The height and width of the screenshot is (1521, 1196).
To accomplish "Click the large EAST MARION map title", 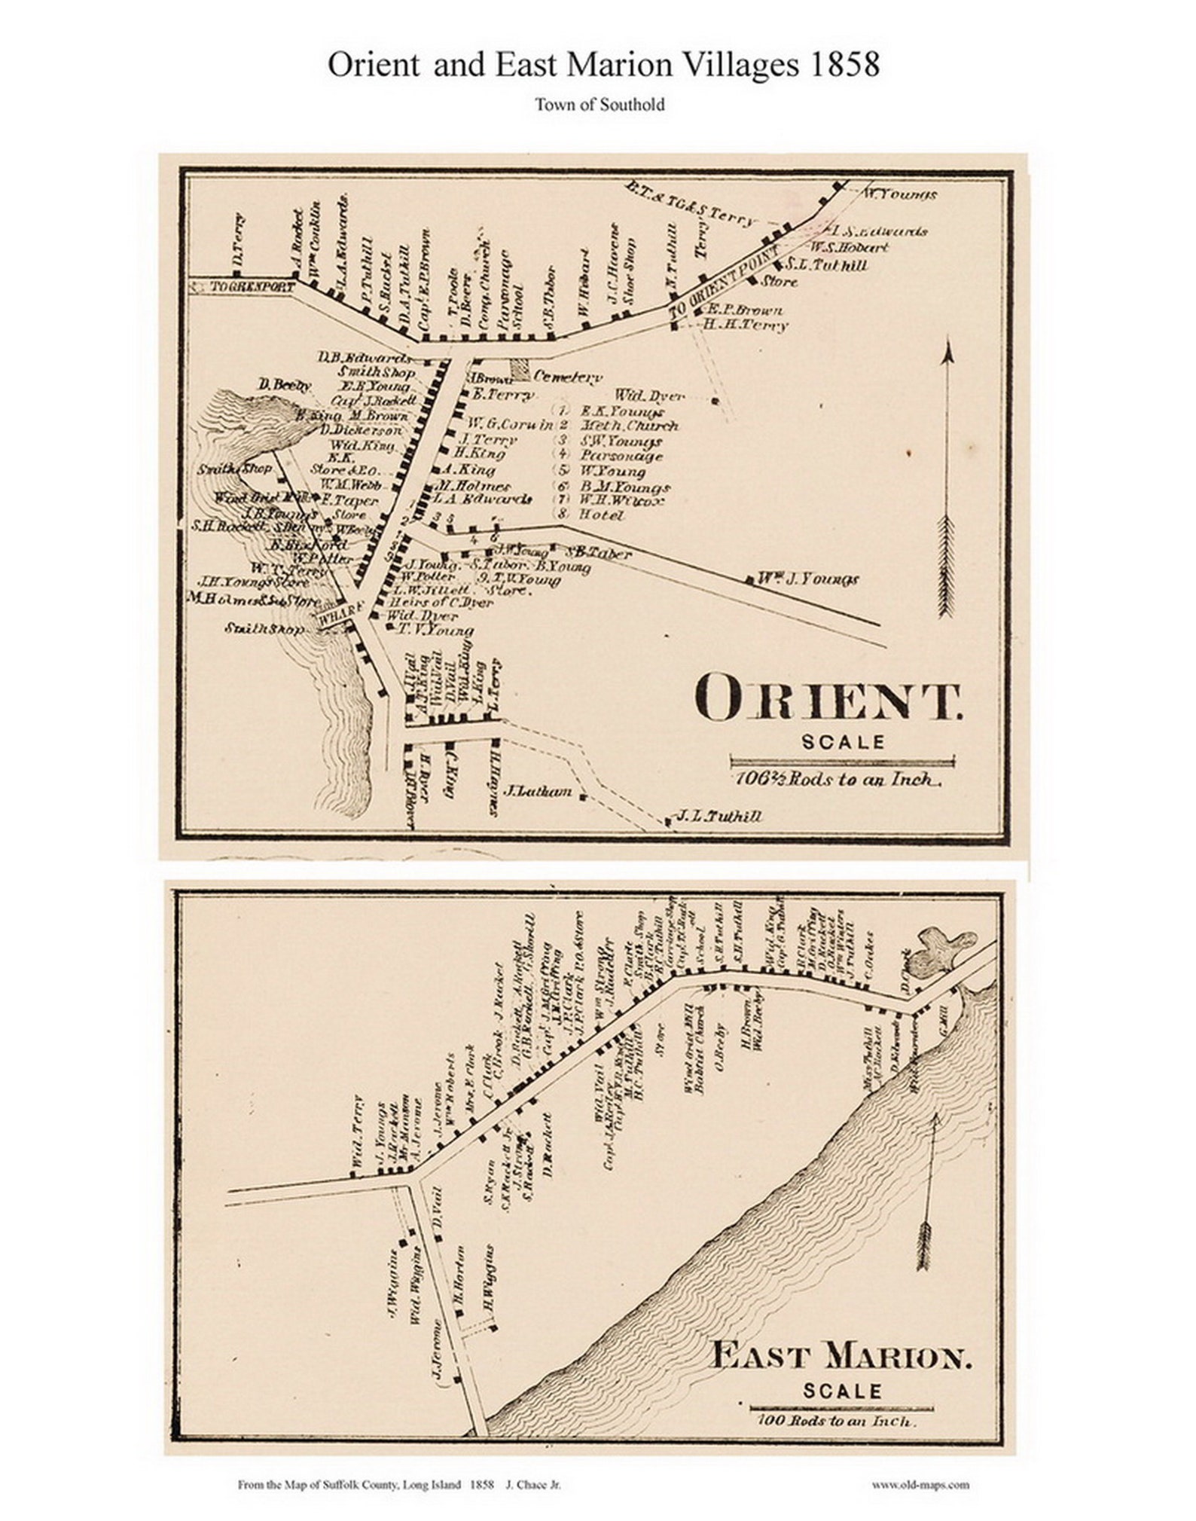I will pos(841,1359).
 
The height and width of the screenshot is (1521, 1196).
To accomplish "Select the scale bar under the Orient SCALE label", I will pos(842,761).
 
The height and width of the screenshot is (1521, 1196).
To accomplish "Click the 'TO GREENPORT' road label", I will pos(243,287).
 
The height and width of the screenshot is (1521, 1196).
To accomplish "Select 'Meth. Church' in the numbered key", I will pos(629,426).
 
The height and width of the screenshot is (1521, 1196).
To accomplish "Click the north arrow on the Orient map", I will pos(947,482).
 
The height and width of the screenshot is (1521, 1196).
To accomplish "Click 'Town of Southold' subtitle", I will pos(600,105).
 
